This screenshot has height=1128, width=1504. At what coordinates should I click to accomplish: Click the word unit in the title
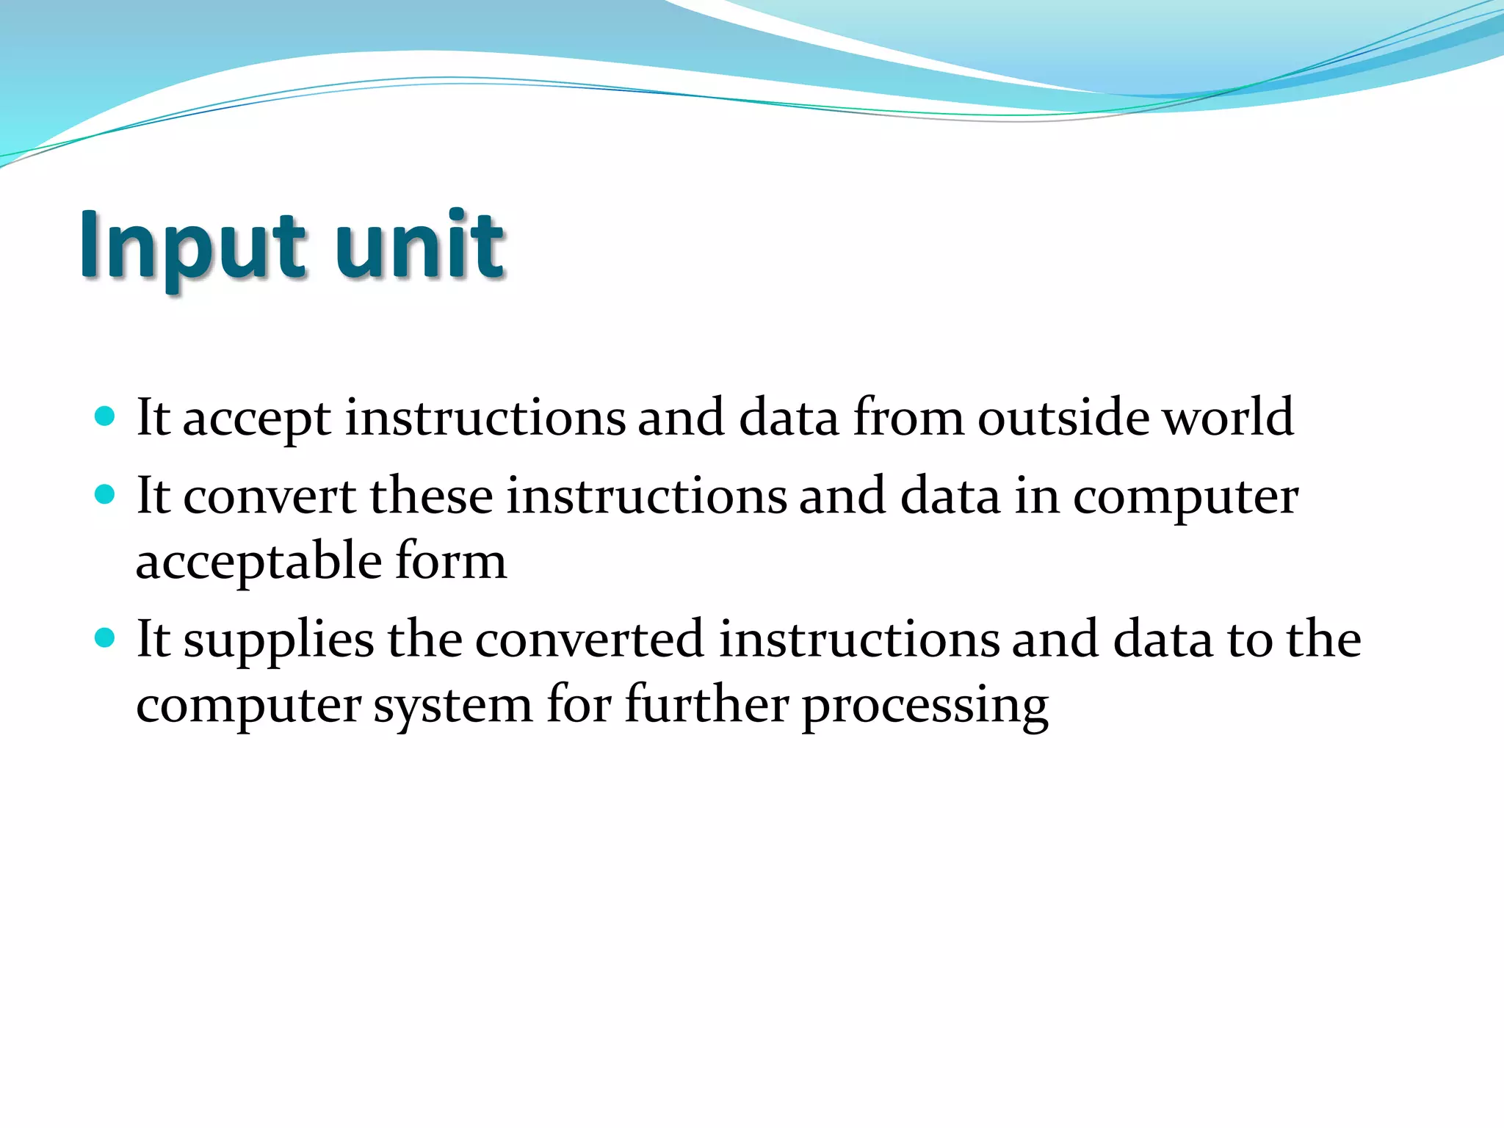click(x=419, y=246)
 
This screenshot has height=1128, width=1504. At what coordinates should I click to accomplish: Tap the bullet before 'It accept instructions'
click(x=106, y=417)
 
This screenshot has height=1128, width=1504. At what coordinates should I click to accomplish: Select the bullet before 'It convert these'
click(x=106, y=495)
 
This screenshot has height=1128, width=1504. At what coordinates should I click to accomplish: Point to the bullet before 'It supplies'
click(x=106, y=637)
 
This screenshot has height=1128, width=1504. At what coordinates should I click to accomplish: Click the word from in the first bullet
click(x=908, y=417)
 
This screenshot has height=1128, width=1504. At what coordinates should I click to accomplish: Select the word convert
click(x=269, y=496)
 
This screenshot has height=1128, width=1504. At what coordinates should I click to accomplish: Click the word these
click(x=431, y=496)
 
